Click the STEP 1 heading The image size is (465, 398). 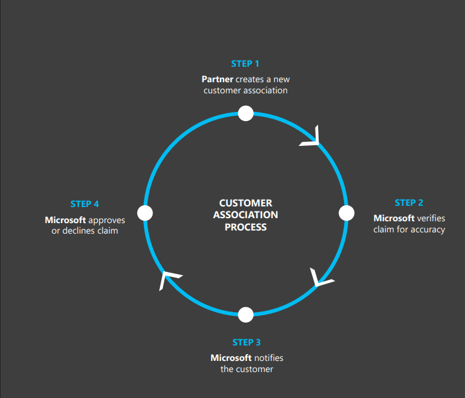[245, 64]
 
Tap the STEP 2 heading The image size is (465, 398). [409, 203]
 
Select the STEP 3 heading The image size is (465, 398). [246, 342]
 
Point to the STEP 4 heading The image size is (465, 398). [85, 204]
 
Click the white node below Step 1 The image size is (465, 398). [246, 113]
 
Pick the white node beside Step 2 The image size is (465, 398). [346, 213]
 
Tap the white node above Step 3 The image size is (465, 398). [246, 315]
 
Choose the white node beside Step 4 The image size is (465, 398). [145, 213]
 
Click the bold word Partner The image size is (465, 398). [217, 79]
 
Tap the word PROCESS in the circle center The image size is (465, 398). [246, 227]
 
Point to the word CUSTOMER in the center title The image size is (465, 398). [246, 203]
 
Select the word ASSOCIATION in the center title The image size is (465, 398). [246, 215]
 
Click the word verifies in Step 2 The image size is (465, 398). [431, 218]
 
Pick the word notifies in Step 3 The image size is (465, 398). [269, 358]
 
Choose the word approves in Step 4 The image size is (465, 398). [107, 220]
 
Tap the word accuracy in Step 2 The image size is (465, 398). [427, 229]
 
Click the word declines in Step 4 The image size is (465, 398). [78, 231]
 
